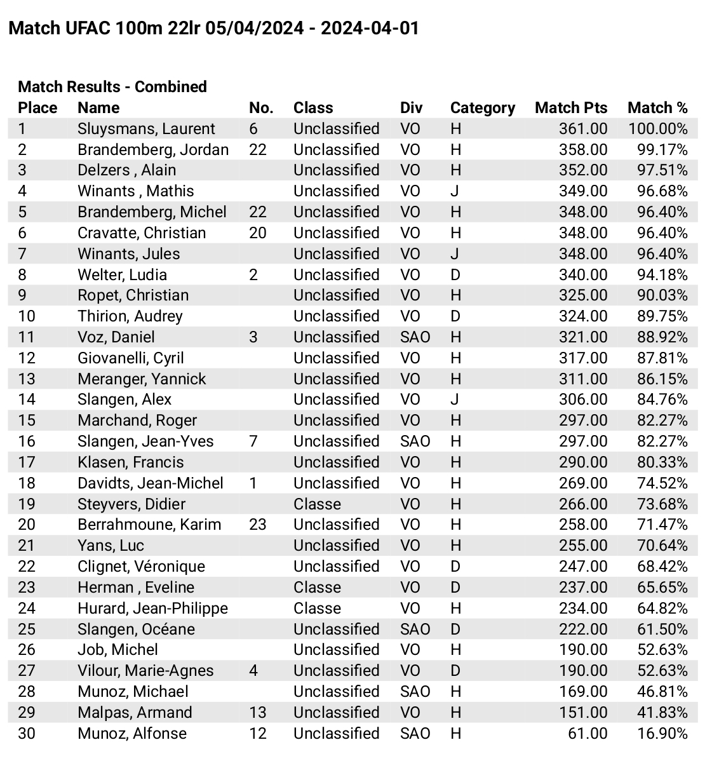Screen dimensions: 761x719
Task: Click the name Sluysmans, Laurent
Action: pyautogui.click(x=146, y=129)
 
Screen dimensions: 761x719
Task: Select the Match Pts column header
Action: pyautogui.click(x=570, y=108)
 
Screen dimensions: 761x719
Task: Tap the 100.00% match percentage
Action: pyautogui.click(x=657, y=129)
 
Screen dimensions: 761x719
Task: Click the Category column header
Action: pyautogui.click(x=482, y=108)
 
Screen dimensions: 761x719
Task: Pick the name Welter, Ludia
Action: pyautogui.click(x=122, y=275)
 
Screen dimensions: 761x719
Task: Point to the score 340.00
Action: pyautogui.click(x=582, y=275)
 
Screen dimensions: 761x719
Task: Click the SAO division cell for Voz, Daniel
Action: pyautogui.click(x=415, y=337)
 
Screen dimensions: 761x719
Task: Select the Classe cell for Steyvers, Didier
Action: pyautogui.click(x=317, y=504)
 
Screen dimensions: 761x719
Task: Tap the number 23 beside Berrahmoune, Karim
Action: pyautogui.click(x=257, y=525)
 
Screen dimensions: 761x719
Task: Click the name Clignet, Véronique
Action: pyautogui.click(x=141, y=567)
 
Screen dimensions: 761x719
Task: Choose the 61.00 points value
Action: pyautogui.click(x=588, y=734)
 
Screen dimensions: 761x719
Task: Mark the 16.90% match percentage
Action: pyautogui.click(x=662, y=734)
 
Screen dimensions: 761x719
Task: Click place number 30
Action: pyautogui.click(x=27, y=734)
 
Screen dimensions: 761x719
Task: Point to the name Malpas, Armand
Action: pyautogui.click(x=135, y=713)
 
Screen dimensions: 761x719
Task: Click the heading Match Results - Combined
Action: pyautogui.click(x=112, y=87)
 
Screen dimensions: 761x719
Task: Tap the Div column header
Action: pyautogui.click(x=411, y=108)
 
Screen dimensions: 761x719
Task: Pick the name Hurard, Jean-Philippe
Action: pyautogui.click(x=152, y=609)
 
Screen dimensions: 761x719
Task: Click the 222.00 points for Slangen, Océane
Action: pyautogui.click(x=582, y=630)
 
